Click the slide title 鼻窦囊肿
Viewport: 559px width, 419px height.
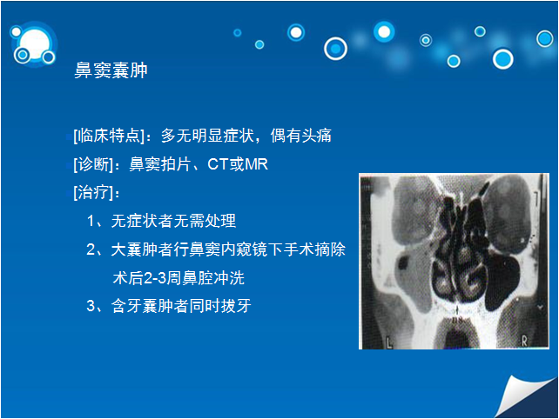[x=111, y=70]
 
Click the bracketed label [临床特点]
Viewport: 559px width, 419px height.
[x=109, y=136]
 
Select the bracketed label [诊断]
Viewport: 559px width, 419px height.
[x=93, y=164]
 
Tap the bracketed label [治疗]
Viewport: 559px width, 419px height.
[x=93, y=193]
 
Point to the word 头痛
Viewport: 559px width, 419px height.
[x=316, y=136]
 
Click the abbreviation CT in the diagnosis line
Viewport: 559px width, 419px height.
[x=218, y=164]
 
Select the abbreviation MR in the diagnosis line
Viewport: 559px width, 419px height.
[x=256, y=164]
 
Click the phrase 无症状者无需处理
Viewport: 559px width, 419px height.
[x=173, y=221]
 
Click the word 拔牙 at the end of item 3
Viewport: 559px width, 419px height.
[x=236, y=306]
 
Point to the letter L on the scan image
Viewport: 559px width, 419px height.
[x=389, y=343]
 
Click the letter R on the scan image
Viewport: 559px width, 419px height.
[x=524, y=342]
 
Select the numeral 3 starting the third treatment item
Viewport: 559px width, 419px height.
[x=91, y=306]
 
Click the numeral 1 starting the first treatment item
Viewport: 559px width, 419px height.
[x=91, y=221]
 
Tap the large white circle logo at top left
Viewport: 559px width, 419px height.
[x=34, y=44]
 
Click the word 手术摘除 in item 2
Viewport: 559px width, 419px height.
[x=314, y=249]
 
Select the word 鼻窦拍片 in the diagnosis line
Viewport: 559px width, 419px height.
[x=160, y=164]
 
